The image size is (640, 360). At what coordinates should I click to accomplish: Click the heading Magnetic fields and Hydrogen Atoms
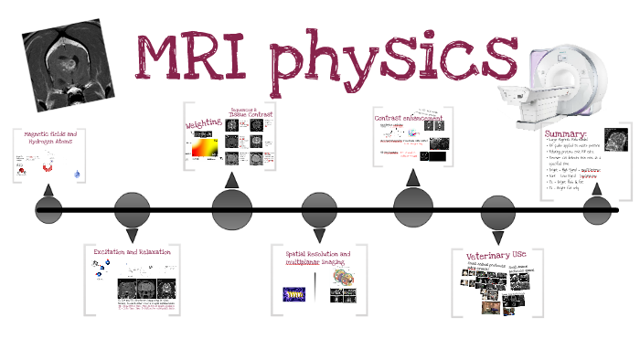[50, 138]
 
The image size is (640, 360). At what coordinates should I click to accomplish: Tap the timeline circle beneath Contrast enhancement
[414, 206]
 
